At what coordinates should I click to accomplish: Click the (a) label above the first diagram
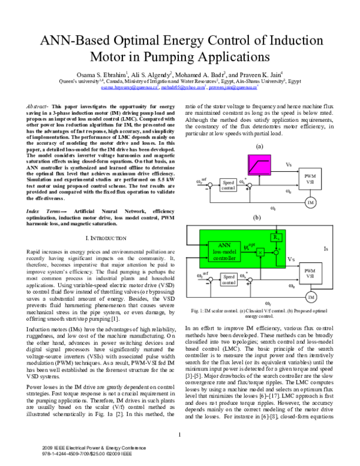click(x=259, y=146)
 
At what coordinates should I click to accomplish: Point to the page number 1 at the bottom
click(x=179, y=434)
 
